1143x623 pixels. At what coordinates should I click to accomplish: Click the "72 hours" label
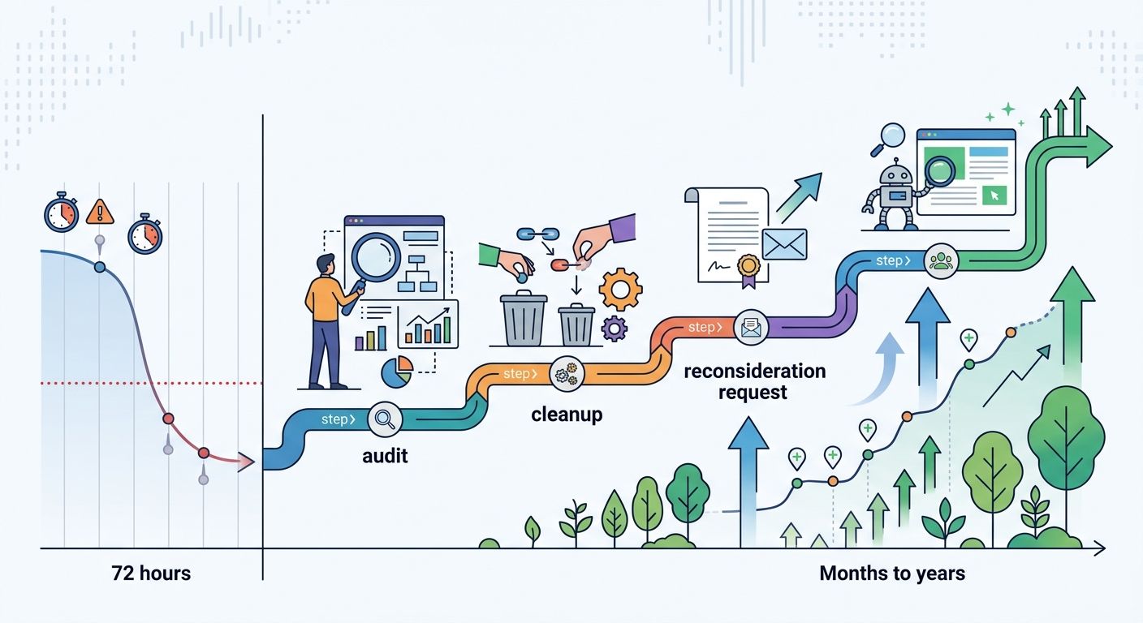coord(151,574)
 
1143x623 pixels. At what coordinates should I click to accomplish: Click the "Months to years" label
coord(892,574)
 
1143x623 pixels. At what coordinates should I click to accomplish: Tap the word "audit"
coord(385,456)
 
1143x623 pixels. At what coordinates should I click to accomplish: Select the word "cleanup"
coord(567,415)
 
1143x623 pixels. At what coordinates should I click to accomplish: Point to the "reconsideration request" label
coord(754,382)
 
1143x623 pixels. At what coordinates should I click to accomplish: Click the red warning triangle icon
coord(100,212)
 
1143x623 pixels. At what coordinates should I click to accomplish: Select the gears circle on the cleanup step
coord(566,374)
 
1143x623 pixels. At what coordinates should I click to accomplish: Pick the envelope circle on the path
coord(749,328)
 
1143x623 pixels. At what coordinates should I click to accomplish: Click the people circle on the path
coord(942,260)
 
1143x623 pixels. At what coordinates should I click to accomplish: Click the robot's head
coord(898,174)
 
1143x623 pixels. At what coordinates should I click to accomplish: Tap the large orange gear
coord(620,289)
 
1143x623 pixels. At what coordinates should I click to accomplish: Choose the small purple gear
coord(615,329)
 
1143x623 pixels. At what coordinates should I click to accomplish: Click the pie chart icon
coord(396,372)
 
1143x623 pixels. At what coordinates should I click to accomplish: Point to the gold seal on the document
coord(747,266)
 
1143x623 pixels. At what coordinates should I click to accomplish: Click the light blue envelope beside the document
coord(784,244)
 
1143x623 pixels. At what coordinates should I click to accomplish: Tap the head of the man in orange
coord(325,265)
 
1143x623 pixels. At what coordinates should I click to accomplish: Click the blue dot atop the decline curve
coord(100,267)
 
